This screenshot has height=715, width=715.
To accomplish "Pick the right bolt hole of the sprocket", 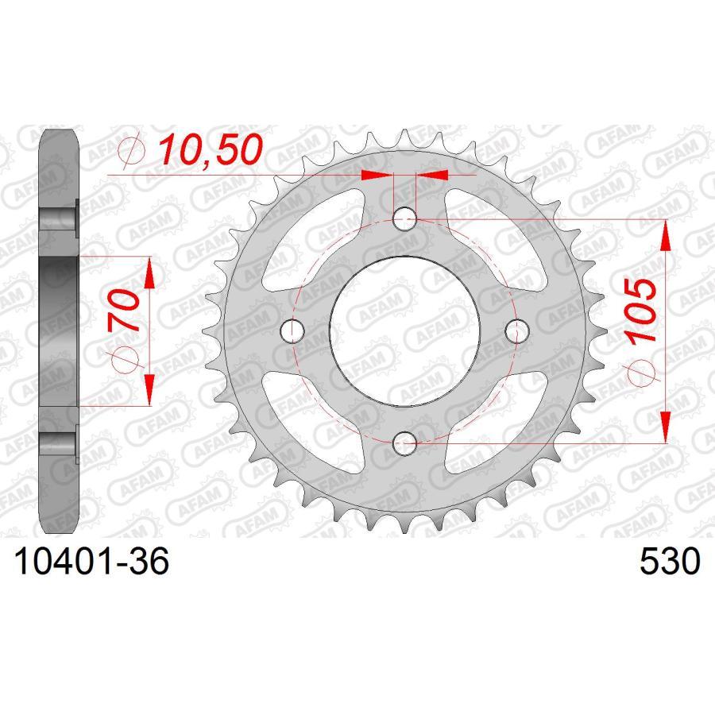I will (517, 327).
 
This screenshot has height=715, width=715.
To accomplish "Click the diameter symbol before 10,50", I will (133, 149).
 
